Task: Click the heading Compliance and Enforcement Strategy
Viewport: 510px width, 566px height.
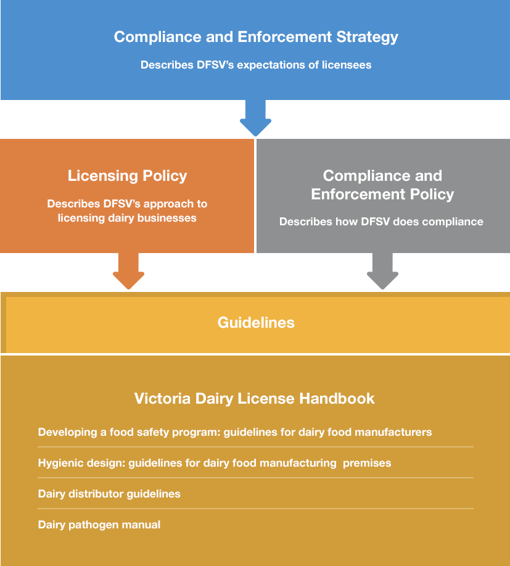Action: click(256, 36)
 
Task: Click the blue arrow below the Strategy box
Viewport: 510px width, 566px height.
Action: click(255, 119)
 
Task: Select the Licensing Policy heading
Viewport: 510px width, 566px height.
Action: click(127, 176)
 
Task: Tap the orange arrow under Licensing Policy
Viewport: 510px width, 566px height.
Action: click(128, 272)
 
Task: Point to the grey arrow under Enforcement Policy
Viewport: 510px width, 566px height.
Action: click(384, 272)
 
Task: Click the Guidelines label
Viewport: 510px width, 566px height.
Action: click(256, 322)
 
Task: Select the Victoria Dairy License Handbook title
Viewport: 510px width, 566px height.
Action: click(254, 398)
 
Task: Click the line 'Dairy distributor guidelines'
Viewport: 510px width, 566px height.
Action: click(109, 494)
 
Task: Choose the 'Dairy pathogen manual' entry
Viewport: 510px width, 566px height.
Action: click(99, 525)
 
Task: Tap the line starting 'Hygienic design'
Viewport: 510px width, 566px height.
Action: click(214, 463)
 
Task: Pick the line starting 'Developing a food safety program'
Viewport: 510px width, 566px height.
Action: click(234, 432)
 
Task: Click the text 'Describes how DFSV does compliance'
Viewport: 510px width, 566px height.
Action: click(381, 222)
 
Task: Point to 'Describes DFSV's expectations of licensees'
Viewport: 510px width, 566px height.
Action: click(256, 65)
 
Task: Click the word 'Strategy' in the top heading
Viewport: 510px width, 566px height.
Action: click(367, 36)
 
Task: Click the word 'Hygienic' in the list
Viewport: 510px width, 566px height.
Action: click(62, 463)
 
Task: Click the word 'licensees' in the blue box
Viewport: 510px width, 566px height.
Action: click(347, 65)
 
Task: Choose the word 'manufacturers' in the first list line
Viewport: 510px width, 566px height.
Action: click(390, 432)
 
